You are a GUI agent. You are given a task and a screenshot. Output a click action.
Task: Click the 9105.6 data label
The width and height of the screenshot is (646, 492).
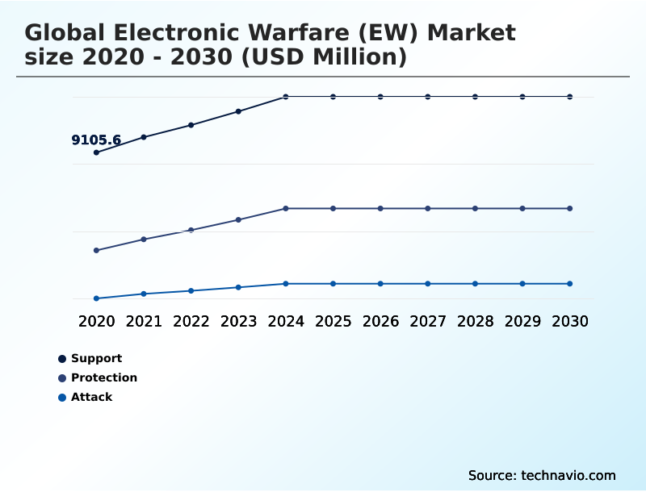tap(96, 140)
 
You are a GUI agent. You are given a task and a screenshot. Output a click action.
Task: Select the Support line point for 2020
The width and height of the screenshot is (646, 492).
tap(96, 152)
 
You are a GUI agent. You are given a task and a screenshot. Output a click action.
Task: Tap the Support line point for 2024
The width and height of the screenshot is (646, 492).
tap(286, 97)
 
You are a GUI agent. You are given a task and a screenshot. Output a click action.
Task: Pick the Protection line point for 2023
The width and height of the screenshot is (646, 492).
tap(238, 219)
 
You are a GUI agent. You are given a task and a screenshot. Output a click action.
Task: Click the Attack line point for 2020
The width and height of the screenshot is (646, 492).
tap(96, 298)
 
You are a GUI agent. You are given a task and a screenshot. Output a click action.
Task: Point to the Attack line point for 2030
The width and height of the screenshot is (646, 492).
tap(570, 284)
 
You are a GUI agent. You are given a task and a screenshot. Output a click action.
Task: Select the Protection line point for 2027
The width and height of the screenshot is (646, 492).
tap(428, 209)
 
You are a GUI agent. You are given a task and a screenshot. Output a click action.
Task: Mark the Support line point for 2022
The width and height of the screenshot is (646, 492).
tap(191, 125)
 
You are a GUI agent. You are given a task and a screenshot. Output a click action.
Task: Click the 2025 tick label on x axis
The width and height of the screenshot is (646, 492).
tap(333, 322)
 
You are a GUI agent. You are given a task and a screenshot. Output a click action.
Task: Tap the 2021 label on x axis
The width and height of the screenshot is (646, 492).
tap(144, 322)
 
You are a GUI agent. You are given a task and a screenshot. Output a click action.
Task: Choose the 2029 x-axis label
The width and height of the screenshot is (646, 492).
tap(522, 322)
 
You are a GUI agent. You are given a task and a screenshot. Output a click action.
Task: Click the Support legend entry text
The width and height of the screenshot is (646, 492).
tap(96, 358)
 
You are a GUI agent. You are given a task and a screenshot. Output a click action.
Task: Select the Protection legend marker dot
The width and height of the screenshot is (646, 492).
tap(62, 377)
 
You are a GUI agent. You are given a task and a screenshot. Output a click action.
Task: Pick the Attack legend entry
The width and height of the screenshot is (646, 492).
tap(91, 397)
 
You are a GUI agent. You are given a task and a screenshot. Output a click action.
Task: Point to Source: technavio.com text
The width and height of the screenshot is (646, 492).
tap(542, 475)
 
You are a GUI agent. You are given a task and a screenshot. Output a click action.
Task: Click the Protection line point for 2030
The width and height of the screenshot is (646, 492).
tap(570, 209)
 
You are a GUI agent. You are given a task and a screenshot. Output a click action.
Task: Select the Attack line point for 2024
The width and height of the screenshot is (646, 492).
tap(286, 284)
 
